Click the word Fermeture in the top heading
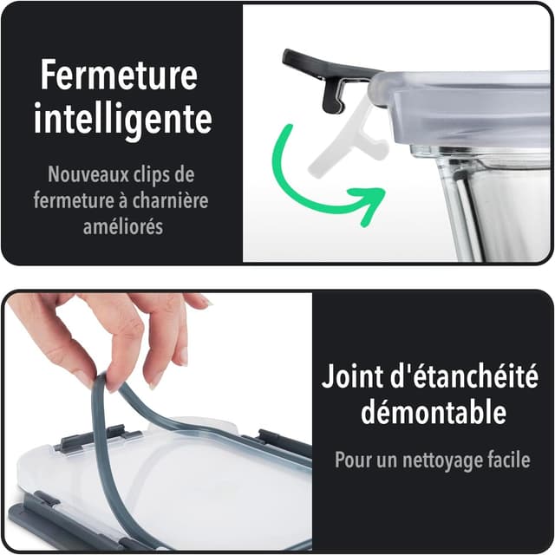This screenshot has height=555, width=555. [x=119, y=75]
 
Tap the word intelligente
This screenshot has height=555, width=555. [x=123, y=117]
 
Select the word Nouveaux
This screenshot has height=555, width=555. [x=88, y=174]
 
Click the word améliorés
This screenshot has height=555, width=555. [x=123, y=226]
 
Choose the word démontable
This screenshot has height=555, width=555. [x=434, y=412]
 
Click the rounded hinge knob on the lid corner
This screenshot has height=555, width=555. [x=380, y=89]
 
